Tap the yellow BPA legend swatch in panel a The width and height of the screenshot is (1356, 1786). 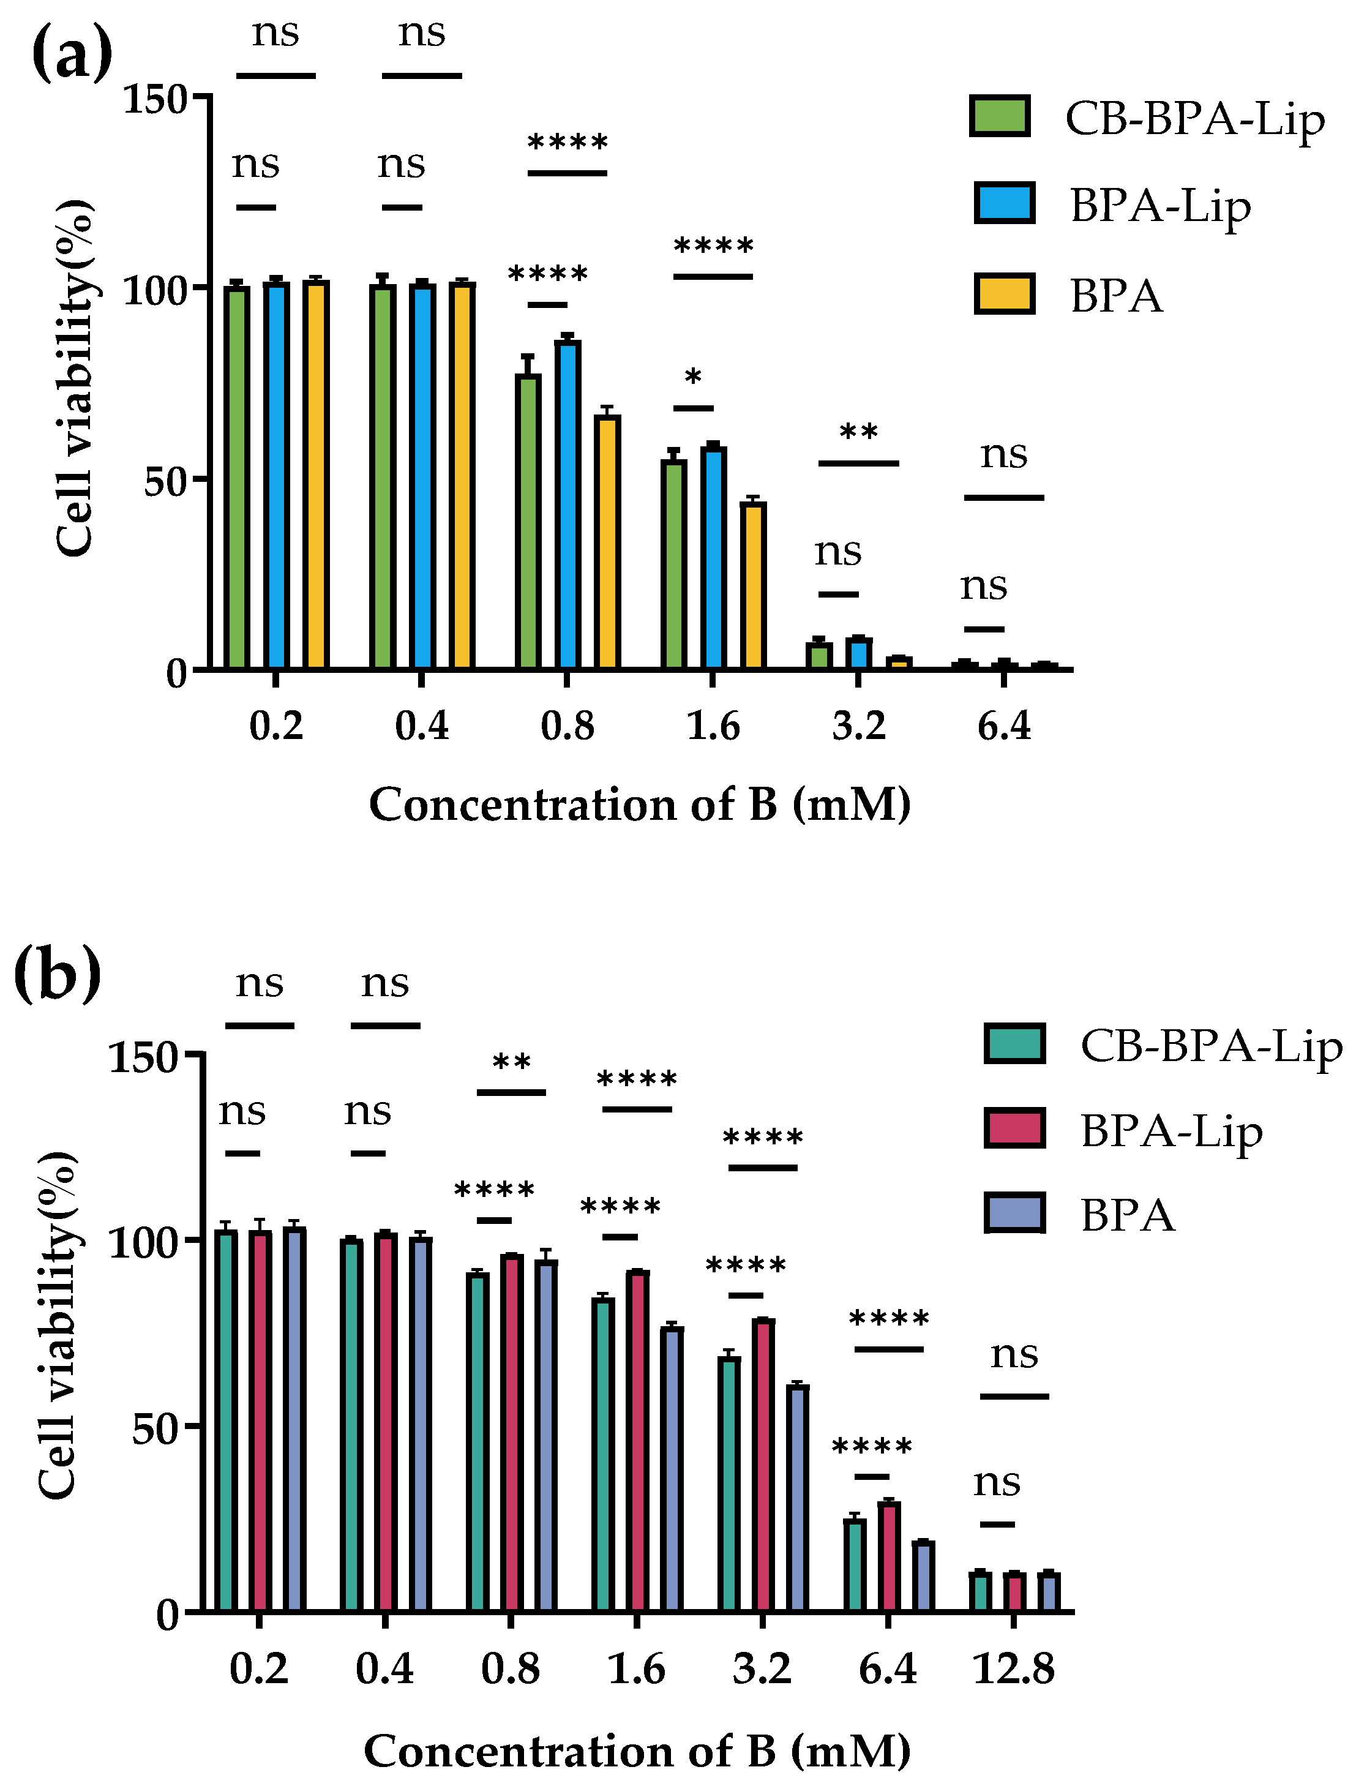coord(1004,294)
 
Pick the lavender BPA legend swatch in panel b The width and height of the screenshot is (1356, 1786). coord(1014,1213)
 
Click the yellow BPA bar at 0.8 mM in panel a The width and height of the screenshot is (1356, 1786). coord(607,542)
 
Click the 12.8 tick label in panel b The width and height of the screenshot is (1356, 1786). coord(1014,1670)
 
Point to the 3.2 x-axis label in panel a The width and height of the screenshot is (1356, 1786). coord(859,726)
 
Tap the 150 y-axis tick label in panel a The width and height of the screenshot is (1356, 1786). coord(155,100)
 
